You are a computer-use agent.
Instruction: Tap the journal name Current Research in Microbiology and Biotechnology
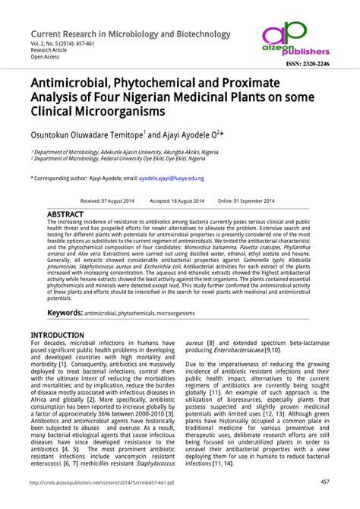click(130, 34)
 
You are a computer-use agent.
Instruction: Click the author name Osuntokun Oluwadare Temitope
click(85, 134)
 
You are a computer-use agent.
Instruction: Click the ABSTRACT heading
click(65, 215)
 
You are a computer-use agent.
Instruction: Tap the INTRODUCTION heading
click(57, 335)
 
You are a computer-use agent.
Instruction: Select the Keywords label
click(65, 312)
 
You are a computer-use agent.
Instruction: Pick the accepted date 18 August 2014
click(177, 201)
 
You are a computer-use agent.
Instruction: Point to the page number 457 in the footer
click(324, 482)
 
